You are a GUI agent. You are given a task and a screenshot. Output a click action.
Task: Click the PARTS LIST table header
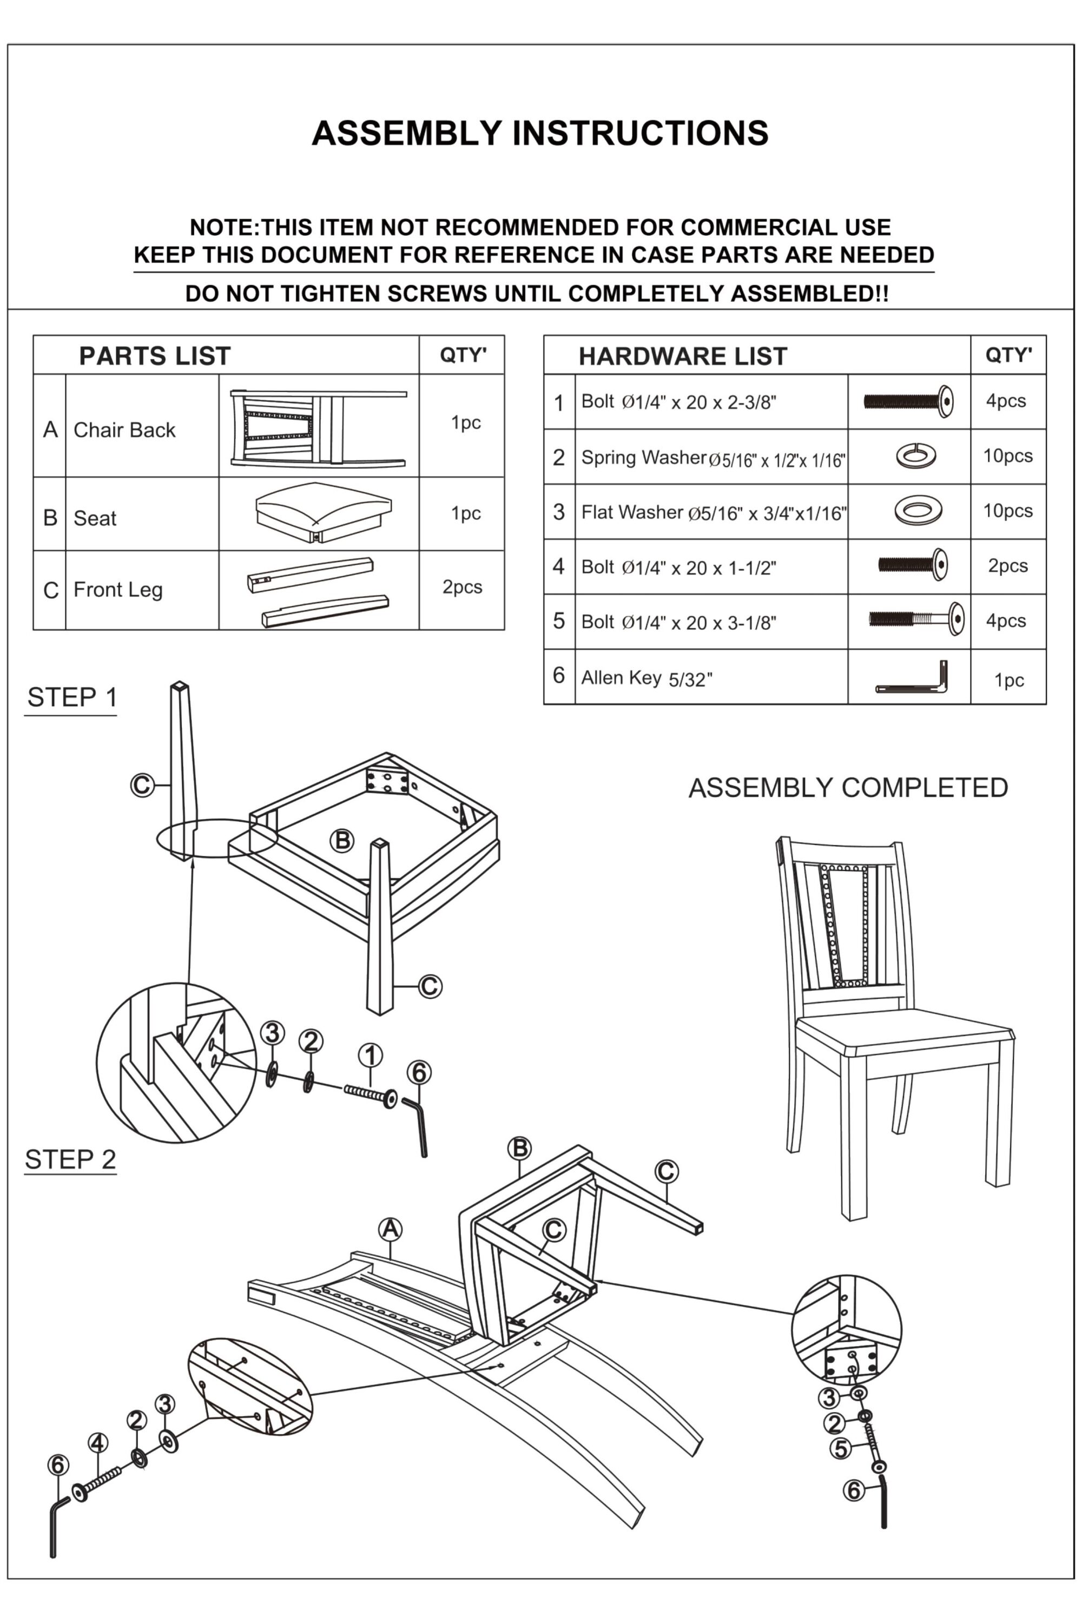(x=155, y=356)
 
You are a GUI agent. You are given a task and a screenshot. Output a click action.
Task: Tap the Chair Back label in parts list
(x=124, y=430)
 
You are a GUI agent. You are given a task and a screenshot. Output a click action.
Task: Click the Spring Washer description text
(x=713, y=458)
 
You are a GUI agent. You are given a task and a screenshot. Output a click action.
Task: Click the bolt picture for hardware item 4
(x=912, y=565)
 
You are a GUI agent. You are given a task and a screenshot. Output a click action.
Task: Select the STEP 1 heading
(x=72, y=698)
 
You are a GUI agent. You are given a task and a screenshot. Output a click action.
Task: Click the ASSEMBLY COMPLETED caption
(x=848, y=787)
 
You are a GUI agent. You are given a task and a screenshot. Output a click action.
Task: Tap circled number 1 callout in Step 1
(x=371, y=1056)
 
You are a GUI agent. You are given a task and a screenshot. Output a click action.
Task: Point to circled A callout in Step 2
(x=391, y=1229)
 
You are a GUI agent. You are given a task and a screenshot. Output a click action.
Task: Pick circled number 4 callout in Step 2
(x=98, y=1443)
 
